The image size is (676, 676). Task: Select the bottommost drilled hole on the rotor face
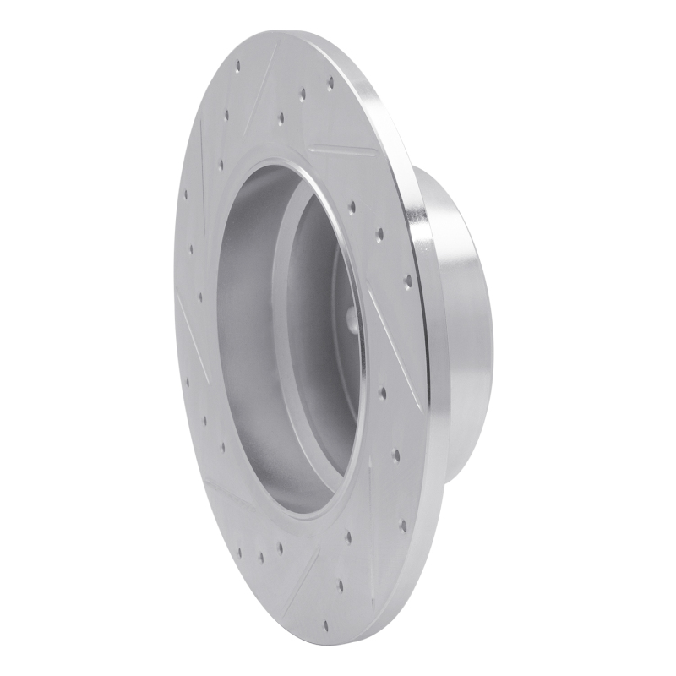[340, 585]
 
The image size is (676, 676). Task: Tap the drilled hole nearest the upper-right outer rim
[330, 83]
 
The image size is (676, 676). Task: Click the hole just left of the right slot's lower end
[383, 392]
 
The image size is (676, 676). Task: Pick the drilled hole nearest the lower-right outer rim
[402, 525]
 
